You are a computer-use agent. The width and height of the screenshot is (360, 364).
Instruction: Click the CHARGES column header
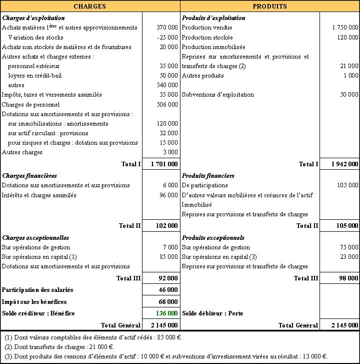(89, 7)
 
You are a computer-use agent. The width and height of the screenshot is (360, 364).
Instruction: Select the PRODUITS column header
(269, 7)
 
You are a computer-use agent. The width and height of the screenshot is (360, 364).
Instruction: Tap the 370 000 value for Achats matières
(167, 28)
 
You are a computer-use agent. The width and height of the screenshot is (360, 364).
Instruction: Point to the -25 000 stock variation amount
(167, 38)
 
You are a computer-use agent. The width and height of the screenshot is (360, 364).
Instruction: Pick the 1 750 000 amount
(345, 28)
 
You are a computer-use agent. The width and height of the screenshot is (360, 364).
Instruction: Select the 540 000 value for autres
(167, 85)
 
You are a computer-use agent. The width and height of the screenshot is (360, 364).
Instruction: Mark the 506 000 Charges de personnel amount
(167, 105)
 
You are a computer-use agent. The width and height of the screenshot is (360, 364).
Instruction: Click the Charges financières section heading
(29, 176)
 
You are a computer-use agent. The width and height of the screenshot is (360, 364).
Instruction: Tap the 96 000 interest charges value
(168, 195)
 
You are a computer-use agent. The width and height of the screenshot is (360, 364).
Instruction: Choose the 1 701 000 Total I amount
(164, 164)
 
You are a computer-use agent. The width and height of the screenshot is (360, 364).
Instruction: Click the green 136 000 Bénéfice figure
(167, 313)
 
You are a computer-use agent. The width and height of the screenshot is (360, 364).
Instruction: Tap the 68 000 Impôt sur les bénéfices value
(168, 302)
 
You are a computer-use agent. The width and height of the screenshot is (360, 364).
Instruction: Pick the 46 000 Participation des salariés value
(168, 290)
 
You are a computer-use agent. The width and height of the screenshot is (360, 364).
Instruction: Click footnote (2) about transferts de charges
(59, 346)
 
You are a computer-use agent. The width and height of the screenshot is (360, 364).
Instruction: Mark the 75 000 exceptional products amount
(348, 247)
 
